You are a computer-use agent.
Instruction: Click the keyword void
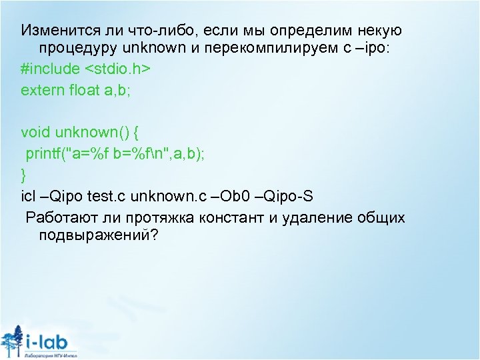[x=35, y=136]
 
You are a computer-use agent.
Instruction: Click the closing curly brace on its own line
[x=25, y=175]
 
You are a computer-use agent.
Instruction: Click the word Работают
[x=60, y=217]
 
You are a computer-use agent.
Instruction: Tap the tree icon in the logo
[x=11, y=342]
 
